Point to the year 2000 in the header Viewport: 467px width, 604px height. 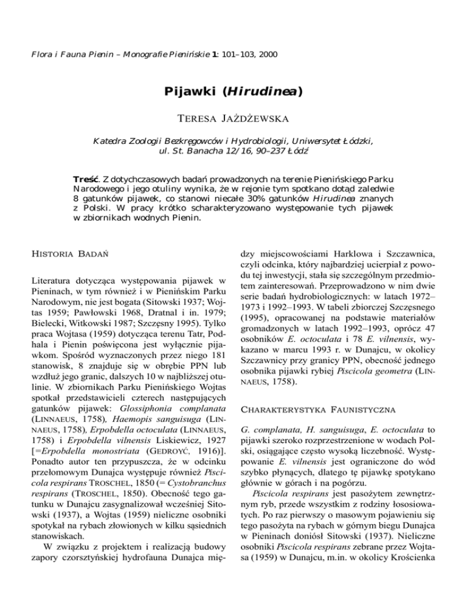(x=268, y=54)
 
